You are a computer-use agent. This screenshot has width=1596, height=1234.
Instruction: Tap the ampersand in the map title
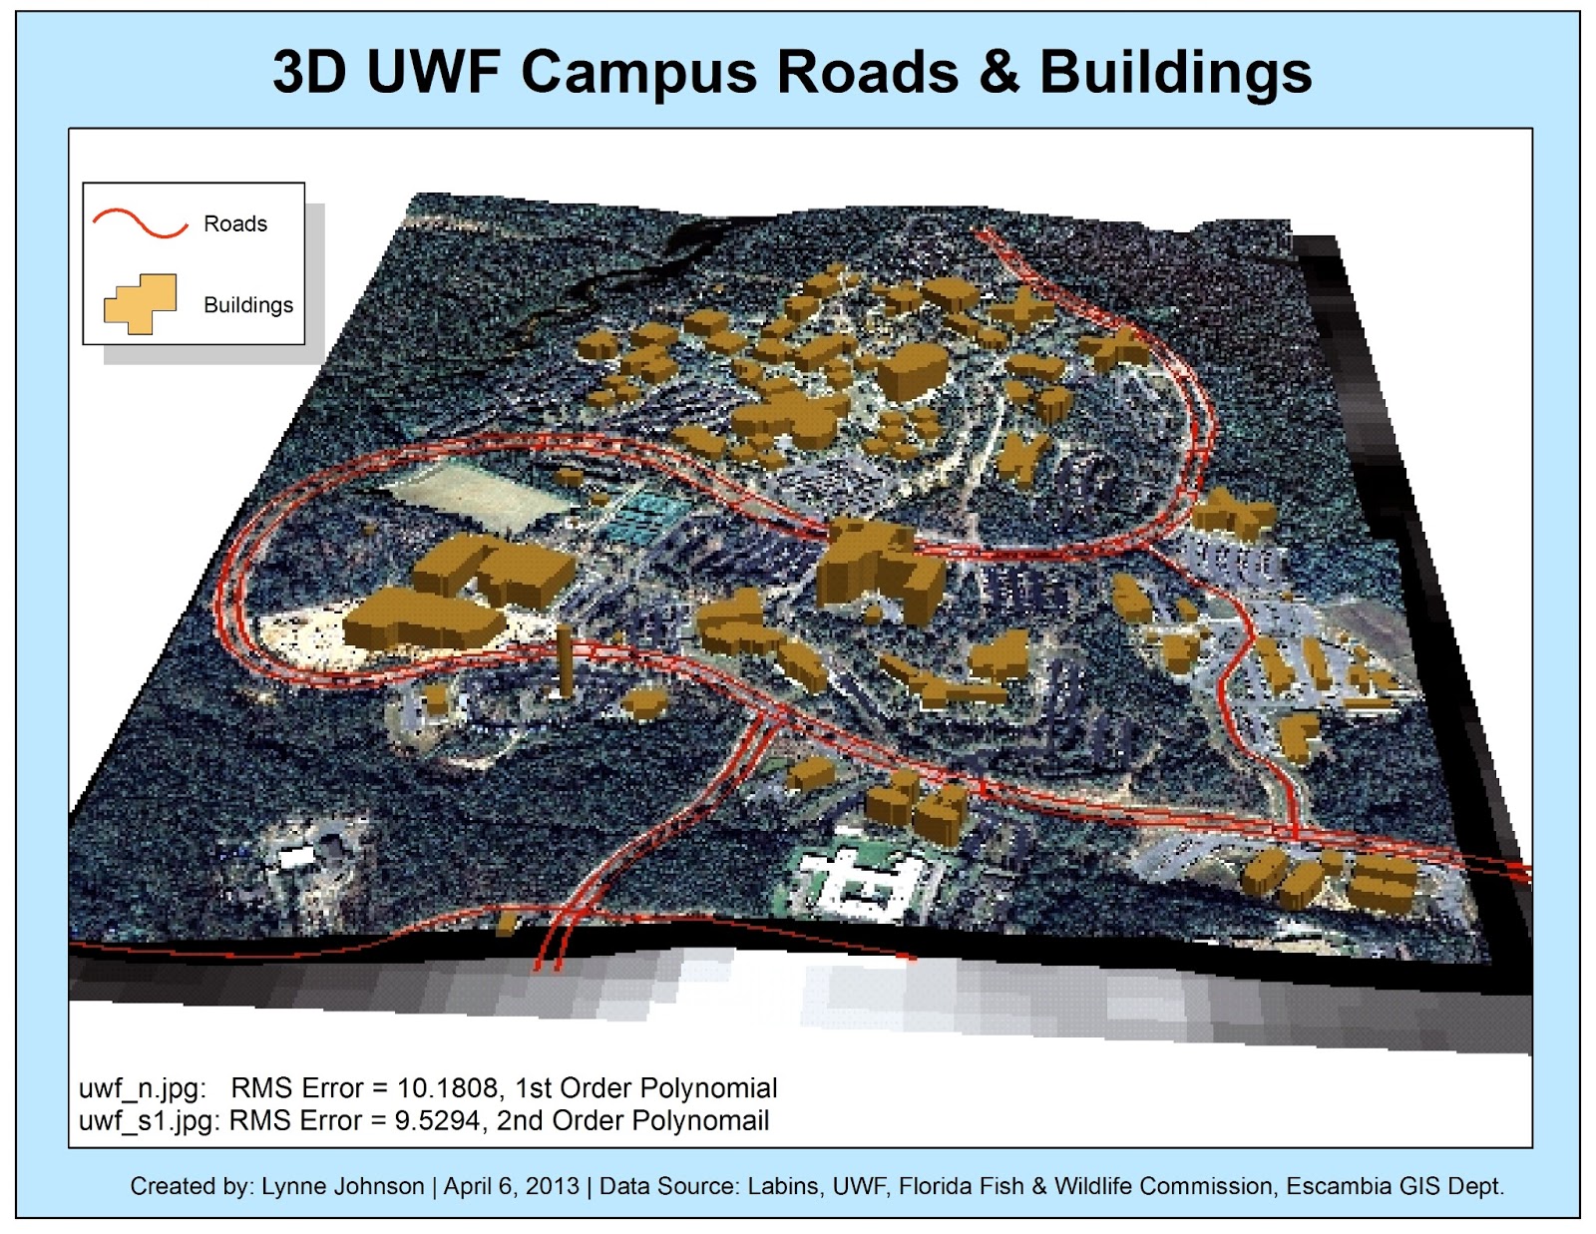coord(998,72)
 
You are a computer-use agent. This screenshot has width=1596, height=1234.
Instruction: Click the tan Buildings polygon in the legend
coord(141,303)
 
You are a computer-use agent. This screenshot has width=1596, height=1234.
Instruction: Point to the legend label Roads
coord(235,223)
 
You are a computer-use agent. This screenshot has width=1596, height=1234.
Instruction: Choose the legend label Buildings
coord(248,304)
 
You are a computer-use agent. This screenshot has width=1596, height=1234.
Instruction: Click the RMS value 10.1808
coord(447,1087)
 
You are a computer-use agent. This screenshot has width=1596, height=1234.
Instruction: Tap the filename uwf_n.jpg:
coord(142,1087)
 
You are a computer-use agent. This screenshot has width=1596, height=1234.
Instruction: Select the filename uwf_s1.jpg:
coord(149,1121)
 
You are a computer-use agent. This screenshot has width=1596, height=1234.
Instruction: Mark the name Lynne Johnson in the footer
coord(342,1186)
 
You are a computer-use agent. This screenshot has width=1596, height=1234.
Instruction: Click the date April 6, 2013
coord(511,1186)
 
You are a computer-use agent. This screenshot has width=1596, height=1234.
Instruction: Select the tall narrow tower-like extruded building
coord(565,660)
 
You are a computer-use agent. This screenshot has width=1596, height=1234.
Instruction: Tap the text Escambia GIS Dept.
coord(1395,1186)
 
